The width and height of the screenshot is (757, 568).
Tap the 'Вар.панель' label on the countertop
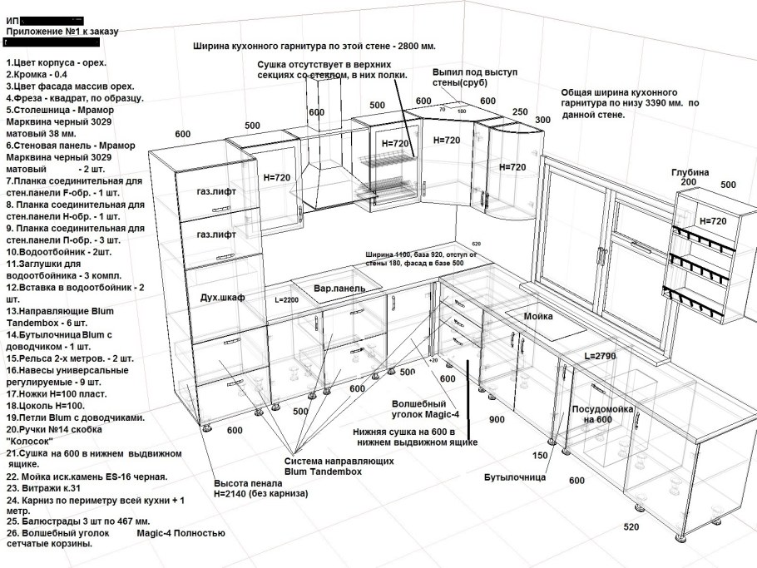(339, 289)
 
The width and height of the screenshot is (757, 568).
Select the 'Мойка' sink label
(538, 317)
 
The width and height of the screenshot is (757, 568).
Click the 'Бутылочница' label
(514, 477)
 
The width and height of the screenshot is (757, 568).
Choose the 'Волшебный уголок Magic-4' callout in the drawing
(428, 408)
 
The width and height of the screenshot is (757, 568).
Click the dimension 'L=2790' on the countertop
(599, 355)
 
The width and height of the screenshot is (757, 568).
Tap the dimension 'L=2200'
(285, 299)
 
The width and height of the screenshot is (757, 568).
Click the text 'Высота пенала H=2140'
(260, 488)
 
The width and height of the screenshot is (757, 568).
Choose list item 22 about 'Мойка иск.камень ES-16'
(87, 477)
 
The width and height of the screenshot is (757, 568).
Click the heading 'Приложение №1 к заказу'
(62, 32)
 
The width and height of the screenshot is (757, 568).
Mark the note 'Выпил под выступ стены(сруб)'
(475, 77)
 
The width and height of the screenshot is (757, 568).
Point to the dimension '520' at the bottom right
(631, 527)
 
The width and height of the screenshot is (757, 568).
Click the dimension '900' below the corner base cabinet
(497, 419)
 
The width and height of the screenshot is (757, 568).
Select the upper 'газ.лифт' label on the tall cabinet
(216, 192)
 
